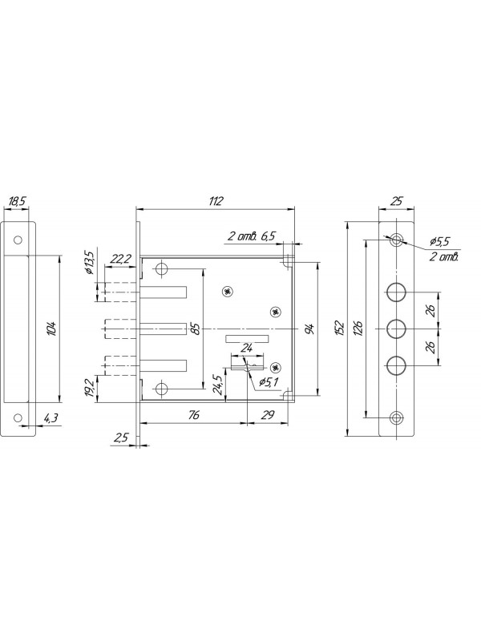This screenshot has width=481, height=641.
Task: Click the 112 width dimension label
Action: click(x=216, y=201)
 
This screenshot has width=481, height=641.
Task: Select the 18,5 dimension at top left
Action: click(x=17, y=201)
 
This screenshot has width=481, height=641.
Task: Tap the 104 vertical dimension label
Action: click(x=51, y=329)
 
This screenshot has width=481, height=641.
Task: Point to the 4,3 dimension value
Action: click(x=51, y=418)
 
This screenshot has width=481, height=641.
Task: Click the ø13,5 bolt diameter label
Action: click(x=89, y=262)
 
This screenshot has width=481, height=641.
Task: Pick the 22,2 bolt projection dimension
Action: click(x=121, y=259)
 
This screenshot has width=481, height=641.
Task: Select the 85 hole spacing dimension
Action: click(x=196, y=329)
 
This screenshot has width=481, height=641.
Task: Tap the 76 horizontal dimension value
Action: click(x=194, y=414)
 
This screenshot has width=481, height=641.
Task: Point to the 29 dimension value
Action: click(x=268, y=414)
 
